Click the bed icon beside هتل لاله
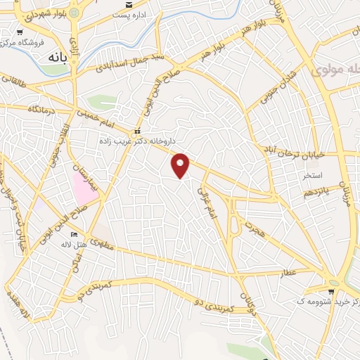click(x=75, y=235)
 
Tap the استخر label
click(x=311, y=174)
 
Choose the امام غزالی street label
click(x=205, y=205)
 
